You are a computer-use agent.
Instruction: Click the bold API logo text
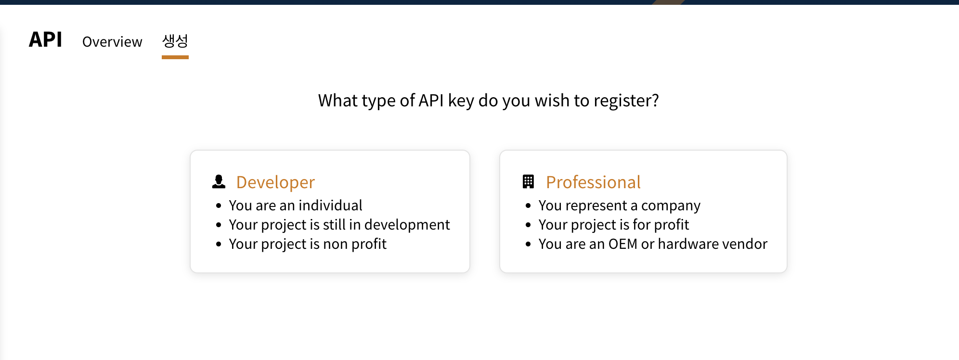[45, 39]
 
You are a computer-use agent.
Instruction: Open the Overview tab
[112, 42]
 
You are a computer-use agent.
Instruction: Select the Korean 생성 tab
[175, 41]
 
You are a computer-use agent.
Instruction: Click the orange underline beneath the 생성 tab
[175, 57]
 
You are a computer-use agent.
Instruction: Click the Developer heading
[275, 182]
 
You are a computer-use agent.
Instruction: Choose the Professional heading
[593, 182]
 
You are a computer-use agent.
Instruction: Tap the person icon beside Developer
[219, 181]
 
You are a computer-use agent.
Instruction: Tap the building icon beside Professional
[528, 181]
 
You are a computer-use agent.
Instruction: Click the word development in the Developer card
[407, 225]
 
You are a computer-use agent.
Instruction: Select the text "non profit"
[355, 244]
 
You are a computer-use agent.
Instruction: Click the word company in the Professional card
[671, 206]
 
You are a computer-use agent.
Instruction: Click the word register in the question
[626, 101]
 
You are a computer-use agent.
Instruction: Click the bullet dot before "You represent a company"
[528, 206]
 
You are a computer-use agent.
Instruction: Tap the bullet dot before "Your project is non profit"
[219, 244]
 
